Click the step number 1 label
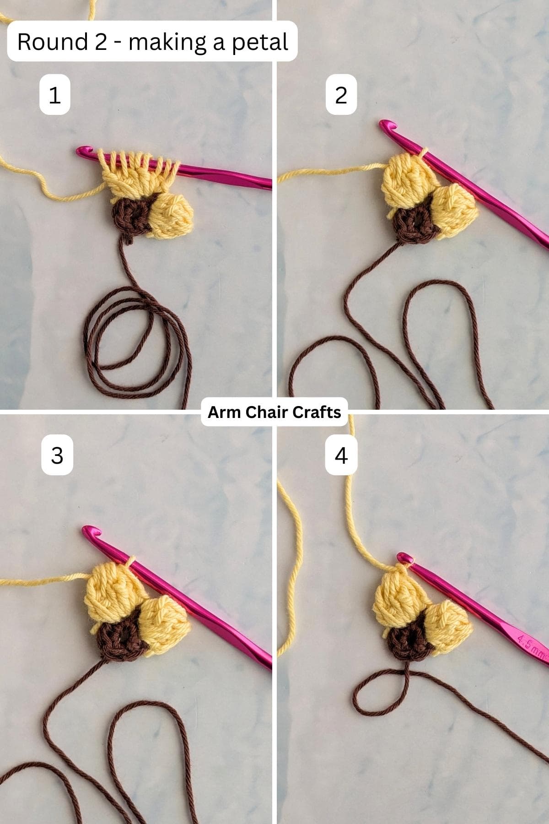[x=54, y=95]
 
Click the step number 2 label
[x=341, y=95]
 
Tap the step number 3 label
[x=57, y=455]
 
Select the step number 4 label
[x=341, y=455]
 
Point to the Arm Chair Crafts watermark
[x=274, y=412]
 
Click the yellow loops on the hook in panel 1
[x=137, y=163]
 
